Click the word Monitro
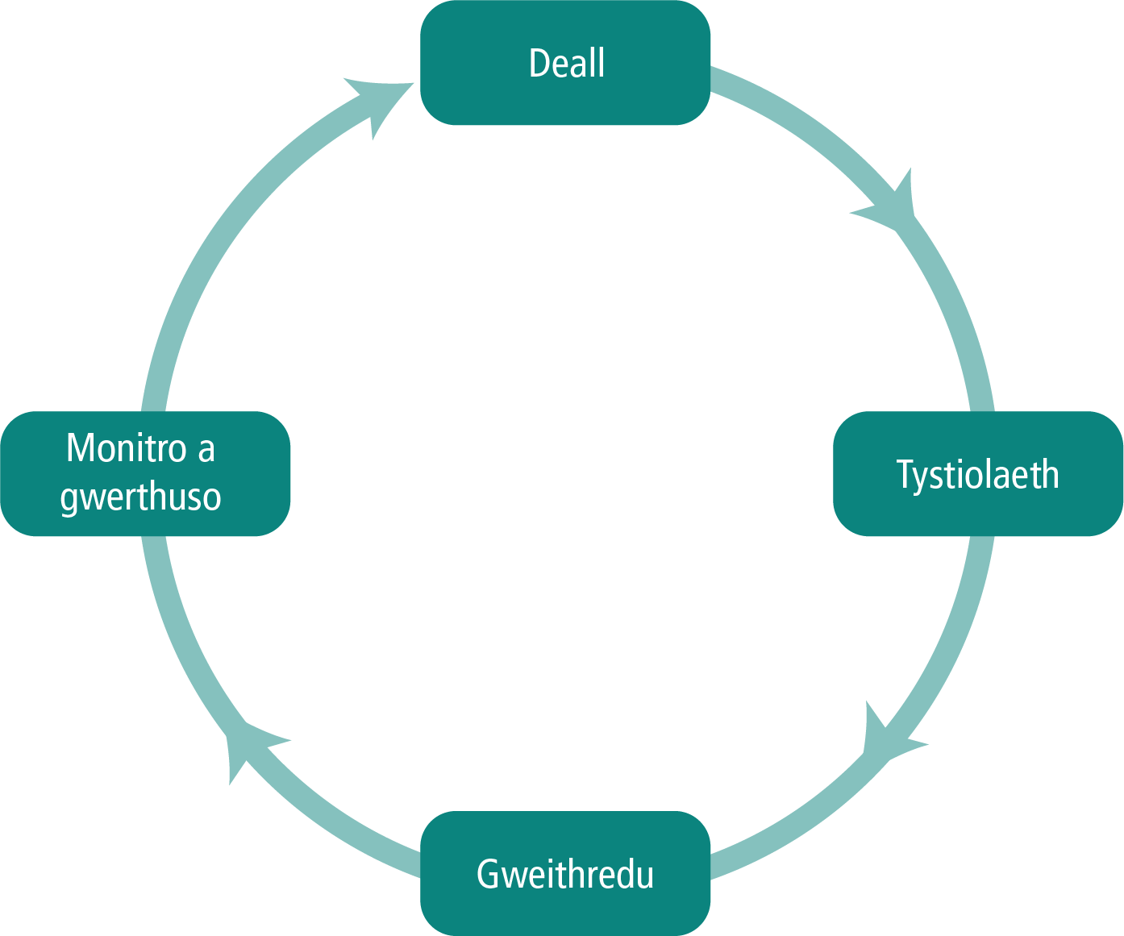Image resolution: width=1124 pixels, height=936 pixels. pos(127,448)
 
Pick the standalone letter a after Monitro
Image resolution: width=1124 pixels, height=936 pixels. pos(206,450)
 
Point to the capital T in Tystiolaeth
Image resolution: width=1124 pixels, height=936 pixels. pos(905,475)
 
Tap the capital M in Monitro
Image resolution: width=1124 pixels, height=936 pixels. pos(80,448)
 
